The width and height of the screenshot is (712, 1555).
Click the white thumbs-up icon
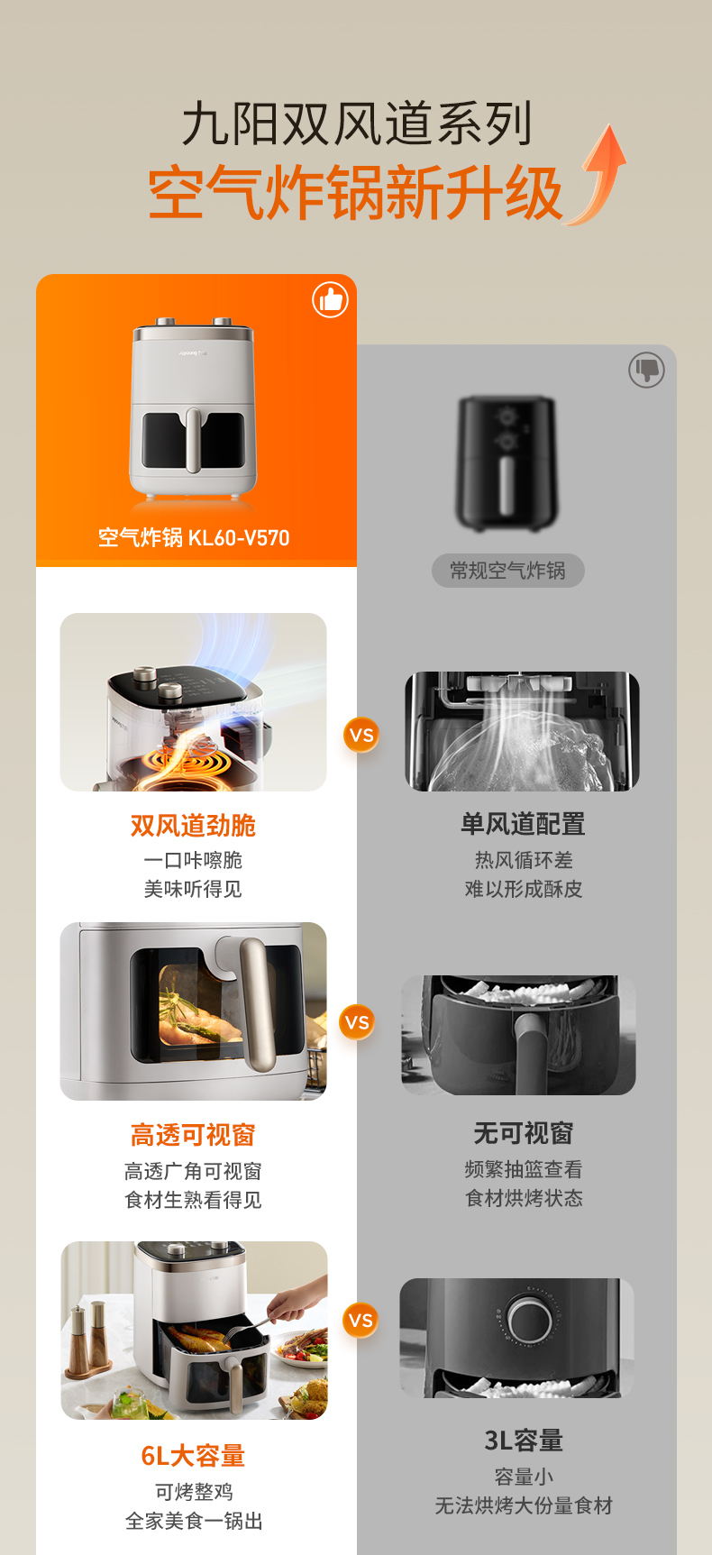pos(330,299)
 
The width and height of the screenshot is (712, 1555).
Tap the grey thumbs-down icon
pos(646,370)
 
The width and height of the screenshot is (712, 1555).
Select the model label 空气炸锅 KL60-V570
pos(194,538)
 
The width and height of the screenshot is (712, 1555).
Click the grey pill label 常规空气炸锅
pos(508,571)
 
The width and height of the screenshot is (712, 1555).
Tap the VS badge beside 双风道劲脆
pos(361,735)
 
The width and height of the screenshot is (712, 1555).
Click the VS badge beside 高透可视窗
pos(358,1022)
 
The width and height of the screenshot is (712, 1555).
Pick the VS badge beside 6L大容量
pos(361,1321)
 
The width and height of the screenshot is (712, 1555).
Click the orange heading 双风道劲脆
pos(193,826)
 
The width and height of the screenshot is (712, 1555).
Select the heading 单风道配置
pos(524,824)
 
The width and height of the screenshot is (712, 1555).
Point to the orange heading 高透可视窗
pos(193,1135)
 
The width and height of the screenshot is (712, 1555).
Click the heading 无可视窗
pos(524,1133)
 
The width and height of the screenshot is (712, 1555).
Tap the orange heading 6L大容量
pos(193,1456)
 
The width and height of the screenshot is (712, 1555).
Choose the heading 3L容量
pos(524,1441)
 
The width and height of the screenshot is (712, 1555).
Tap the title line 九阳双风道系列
pos(358,123)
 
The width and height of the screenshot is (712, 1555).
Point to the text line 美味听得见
pos(193,889)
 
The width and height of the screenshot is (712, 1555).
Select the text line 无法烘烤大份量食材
pos(524,1505)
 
